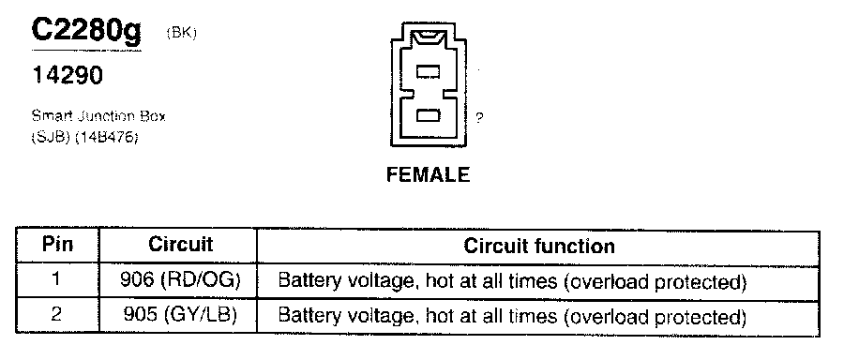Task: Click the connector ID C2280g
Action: point(86,31)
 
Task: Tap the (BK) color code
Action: point(182,33)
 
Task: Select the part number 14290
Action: point(68,75)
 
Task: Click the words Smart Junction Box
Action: point(98,116)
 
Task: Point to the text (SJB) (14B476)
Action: point(84,137)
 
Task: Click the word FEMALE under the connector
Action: point(429,174)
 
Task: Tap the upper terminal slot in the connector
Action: point(429,71)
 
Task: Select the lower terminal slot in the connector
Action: point(429,115)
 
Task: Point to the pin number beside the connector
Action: point(479,118)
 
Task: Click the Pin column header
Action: point(57,245)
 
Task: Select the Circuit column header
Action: point(181,245)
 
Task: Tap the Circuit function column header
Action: point(539,246)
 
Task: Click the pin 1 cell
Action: point(57,280)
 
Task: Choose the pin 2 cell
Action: point(57,315)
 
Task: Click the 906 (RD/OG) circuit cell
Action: point(180,280)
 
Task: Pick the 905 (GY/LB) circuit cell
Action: point(180,315)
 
